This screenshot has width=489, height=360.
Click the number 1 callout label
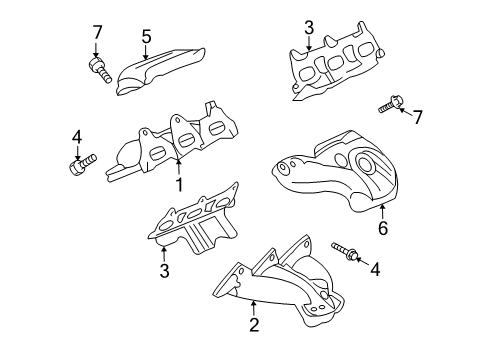point(180,185)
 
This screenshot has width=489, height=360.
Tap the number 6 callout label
point(382,229)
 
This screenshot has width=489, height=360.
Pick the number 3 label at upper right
point(310,27)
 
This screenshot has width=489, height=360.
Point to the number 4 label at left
point(76,137)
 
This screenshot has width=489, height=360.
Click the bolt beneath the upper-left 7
point(99,70)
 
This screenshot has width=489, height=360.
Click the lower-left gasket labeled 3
point(195,225)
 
